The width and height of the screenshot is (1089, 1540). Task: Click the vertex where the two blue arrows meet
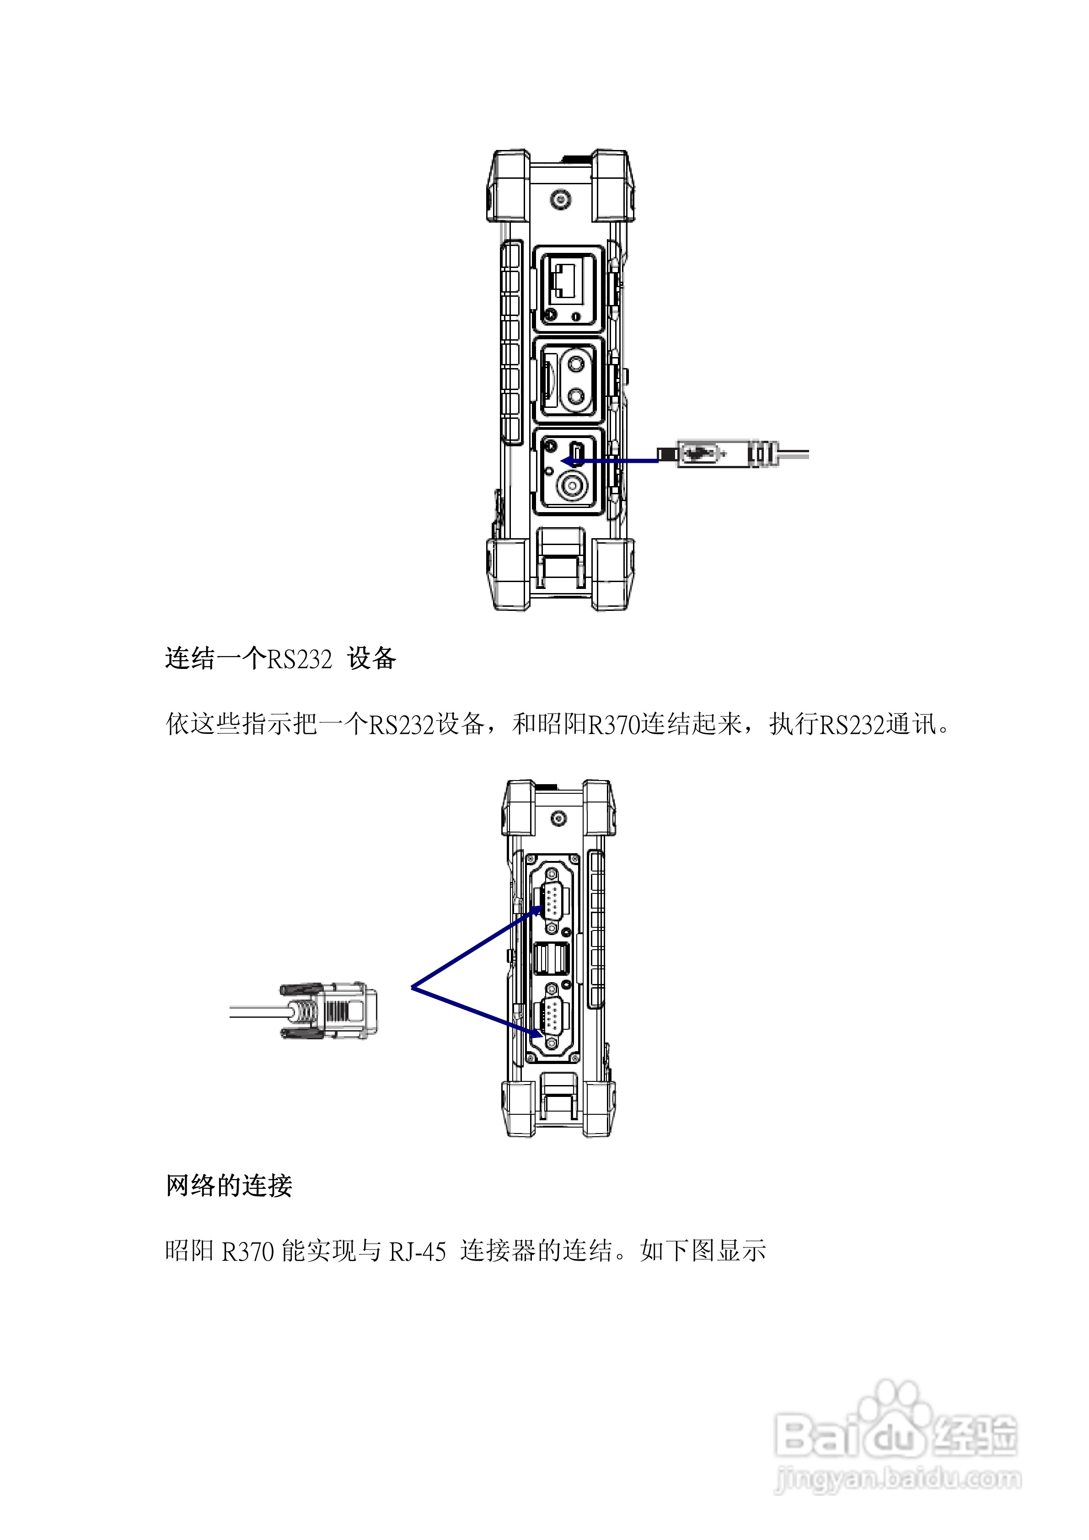(412, 987)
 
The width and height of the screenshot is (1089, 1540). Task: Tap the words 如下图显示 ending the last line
(703, 1251)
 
